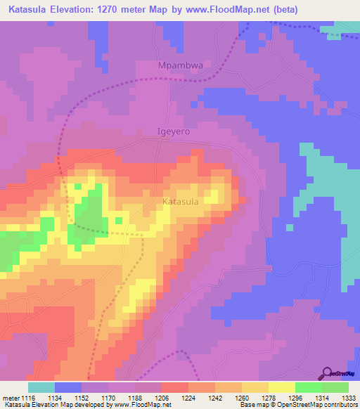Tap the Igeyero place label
[173, 131]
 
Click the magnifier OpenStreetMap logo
[327, 373]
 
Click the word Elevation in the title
[75, 10]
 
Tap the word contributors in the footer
[337, 405]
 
